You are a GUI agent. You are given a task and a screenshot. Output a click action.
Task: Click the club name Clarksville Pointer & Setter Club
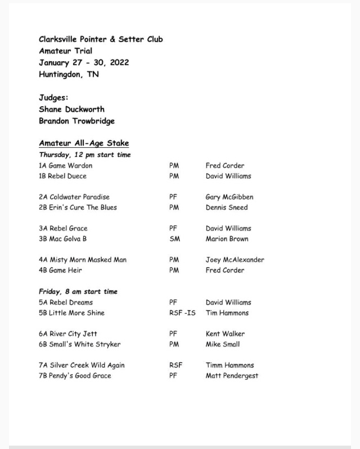coord(101,39)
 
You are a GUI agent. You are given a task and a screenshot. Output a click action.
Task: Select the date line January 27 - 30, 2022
coord(84,62)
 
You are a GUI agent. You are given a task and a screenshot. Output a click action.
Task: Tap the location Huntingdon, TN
coord(69,74)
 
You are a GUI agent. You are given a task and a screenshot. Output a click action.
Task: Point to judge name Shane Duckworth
coord(71,109)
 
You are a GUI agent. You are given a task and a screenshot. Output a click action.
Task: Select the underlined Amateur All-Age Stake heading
coord(84,143)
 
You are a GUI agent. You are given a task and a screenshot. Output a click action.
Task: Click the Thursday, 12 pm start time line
coord(85,155)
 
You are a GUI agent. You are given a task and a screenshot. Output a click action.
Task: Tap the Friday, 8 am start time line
coord(78,292)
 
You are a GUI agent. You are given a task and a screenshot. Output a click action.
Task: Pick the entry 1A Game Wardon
coord(65,166)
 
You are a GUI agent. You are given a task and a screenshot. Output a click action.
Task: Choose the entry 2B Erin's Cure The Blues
coord(78,207)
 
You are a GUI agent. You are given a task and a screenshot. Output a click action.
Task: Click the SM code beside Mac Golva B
coord(174,239)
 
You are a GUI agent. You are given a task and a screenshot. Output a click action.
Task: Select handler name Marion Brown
coord(227,239)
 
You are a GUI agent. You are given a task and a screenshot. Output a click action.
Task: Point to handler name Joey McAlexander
coord(235,260)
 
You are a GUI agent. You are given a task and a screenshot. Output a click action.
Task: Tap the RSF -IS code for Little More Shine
coord(182,313)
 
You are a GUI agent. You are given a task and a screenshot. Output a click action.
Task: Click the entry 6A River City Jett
coord(68,334)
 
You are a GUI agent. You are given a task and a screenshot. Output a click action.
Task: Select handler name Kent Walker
coord(225,334)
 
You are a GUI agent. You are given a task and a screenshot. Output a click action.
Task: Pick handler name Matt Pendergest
coord(232,375)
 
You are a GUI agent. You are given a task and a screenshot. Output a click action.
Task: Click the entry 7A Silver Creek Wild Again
coord(82,365)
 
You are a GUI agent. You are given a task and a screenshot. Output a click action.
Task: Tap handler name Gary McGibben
coord(229,197)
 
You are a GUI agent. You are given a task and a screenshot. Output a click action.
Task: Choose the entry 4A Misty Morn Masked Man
coord(83,260)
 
